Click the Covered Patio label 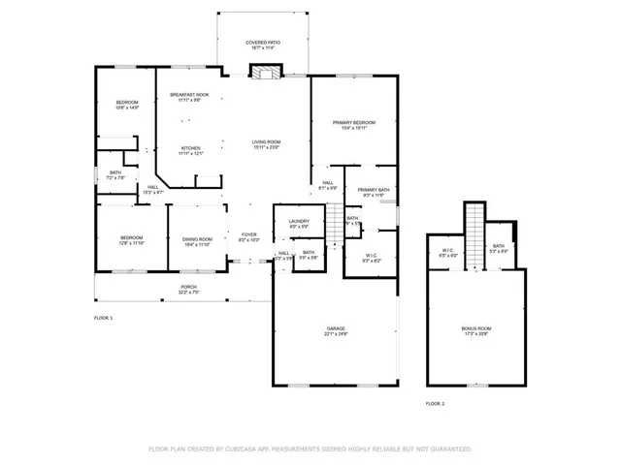pyautogui.click(x=262, y=44)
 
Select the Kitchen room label pyautogui.click(x=190, y=148)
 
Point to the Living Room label pyautogui.click(x=266, y=142)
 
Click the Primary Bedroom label pyautogui.click(x=353, y=123)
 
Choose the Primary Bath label pyautogui.click(x=373, y=190)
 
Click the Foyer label pyautogui.click(x=248, y=234)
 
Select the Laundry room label pyautogui.click(x=299, y=222)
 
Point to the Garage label pyautogui.click(x=336, y=330)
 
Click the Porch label pyautogui.click(x=188, y=288)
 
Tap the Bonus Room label pyautogui.click(x=475, y=329)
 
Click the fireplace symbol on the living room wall pyautogui.click(x=264, y=72)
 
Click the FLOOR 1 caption pyautogui.click(x=103, y=318)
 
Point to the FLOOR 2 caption pyautogui.click(x=436, y=402)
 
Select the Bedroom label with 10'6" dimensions pyautogui.click(x=128, y=104)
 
